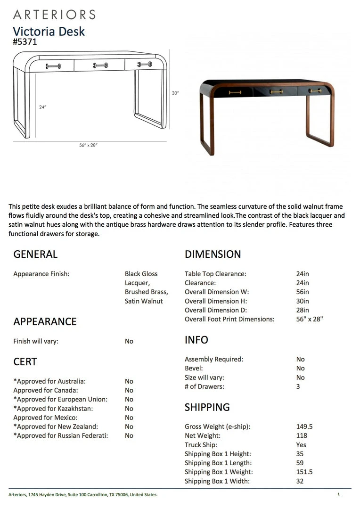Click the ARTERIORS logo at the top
(x=54, y=14)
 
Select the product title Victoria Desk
(x=49, y=32)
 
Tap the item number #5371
(x=25, y=42)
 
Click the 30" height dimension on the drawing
(x=175, y=93)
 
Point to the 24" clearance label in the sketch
(x=42, y=107)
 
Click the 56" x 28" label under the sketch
(x=88, y=145)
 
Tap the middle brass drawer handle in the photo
(x=276, y=91)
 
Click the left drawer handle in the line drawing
(x=53, y=66)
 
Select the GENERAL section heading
(x=35, y=254)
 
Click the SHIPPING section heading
(x=207, y=407)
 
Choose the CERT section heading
(x=25, y=362)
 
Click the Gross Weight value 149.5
(x=304, y=427)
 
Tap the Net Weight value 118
(x=302, y=435)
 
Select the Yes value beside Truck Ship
(x=301, y=445)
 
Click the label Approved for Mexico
(x=45, y=418)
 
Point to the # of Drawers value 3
(x=298, y=386)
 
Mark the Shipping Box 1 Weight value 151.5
(x=304, y=472)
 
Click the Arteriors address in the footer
(x=83, y=495)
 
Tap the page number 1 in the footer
(x=338, y=494)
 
